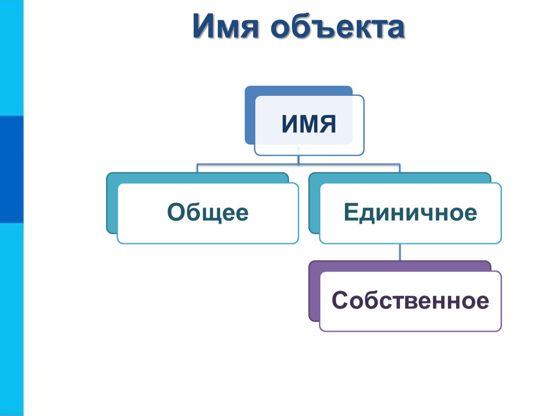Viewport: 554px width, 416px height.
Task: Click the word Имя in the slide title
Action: [x=226, y=26]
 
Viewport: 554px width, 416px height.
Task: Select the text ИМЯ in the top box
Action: [x=309, y=124]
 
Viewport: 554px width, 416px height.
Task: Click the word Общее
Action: [x=208, y=212]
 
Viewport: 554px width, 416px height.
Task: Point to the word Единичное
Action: [x=410, y=212]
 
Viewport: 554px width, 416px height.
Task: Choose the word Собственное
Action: [x=410, y=300]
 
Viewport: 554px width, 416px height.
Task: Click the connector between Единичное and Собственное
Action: [x=400, y=252]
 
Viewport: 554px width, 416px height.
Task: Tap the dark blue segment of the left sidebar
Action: [x=12, y=169]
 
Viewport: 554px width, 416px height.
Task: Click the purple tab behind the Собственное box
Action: [x=314, y=291]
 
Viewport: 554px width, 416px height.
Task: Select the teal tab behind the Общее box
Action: [x=112, y=203]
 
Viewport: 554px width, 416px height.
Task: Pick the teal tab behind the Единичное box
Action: [x=314, y=203]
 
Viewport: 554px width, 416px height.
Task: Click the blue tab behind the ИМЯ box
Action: [x=250, y=115]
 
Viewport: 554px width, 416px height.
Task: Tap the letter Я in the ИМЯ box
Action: [x=327, y=124]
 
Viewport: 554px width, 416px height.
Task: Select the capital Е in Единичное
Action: [x=351, y=212]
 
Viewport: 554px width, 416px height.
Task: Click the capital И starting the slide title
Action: [x=204, y=26]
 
